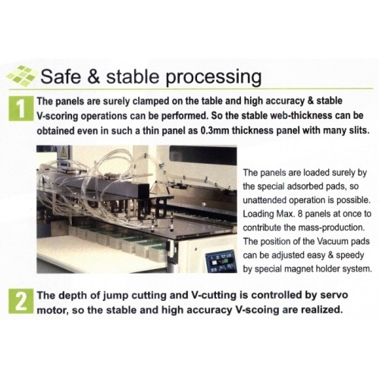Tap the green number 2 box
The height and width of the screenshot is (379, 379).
point(17,302)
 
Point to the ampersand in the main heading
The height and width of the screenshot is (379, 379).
point(102,77)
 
